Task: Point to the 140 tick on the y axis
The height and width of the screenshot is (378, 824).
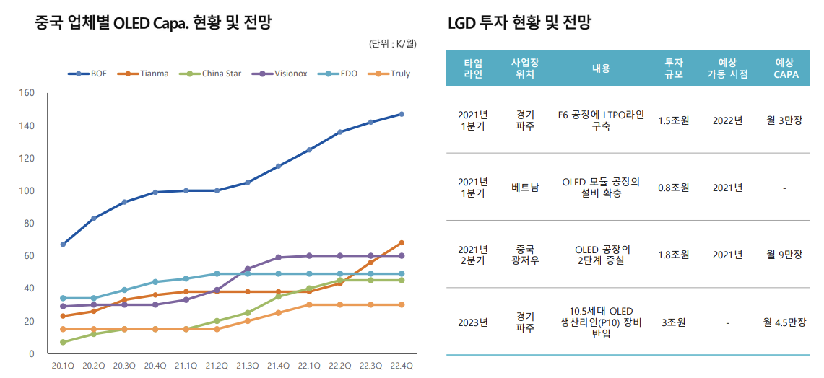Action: point(27,126)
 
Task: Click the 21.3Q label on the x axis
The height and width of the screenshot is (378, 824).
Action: point(248,366)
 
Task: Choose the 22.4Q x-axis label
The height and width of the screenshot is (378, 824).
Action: point(402,366)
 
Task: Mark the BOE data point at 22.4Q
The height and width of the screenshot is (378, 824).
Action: point(402,114)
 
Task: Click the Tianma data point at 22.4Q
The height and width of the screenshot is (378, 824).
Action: point(402,242)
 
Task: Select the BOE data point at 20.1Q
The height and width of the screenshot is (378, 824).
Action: point(63,245)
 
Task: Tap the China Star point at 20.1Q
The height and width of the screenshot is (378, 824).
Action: point(63,342)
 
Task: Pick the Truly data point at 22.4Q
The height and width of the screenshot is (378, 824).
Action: point(402,304)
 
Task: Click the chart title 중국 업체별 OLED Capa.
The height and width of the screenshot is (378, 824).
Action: point(153,22)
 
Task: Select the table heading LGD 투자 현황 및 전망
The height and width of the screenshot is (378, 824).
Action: point(519,22)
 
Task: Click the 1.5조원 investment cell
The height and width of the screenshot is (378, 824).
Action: point(673,120)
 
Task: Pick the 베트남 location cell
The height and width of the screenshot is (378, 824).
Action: point(525,188)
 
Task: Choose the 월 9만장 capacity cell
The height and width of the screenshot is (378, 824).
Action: point(784,254)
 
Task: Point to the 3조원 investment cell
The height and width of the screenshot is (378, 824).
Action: point(673,322)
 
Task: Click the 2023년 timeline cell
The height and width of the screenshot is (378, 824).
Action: point(473,322)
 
